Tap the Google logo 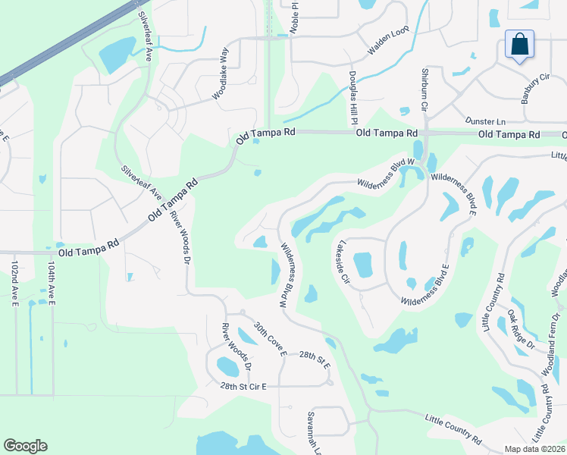tap(25, 446)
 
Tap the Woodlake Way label tap(221, 74)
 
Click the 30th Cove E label tap(271, 338)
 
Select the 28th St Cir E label tap(243, 387)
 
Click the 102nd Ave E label tap(14, 286)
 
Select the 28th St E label tap(315, 359)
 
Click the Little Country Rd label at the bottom tap(453, 429)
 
